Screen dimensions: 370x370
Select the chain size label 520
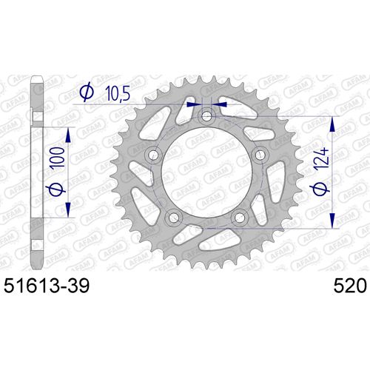point(345,284)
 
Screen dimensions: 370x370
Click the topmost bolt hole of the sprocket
point(206,118)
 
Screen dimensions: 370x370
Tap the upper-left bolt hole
point(154,155)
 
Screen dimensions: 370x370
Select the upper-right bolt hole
point(258,155)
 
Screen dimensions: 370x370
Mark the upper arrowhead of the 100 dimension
point(69,132)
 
